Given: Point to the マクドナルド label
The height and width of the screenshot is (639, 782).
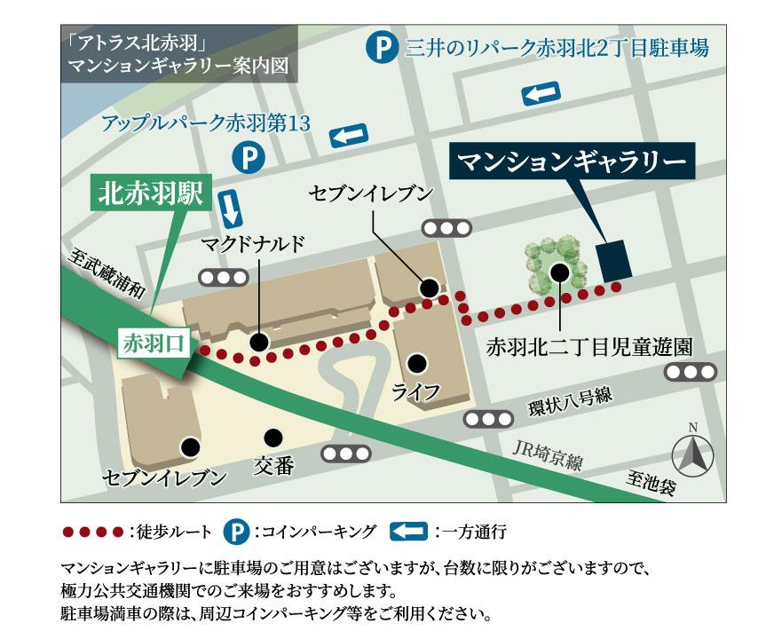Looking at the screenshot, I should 253,242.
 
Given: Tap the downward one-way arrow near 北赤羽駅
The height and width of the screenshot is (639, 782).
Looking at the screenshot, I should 230,207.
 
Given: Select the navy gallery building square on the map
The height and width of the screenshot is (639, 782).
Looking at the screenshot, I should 613,257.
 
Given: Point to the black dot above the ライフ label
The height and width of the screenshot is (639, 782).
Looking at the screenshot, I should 415,362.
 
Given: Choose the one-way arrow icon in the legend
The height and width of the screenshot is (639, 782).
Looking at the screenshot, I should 409,532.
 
